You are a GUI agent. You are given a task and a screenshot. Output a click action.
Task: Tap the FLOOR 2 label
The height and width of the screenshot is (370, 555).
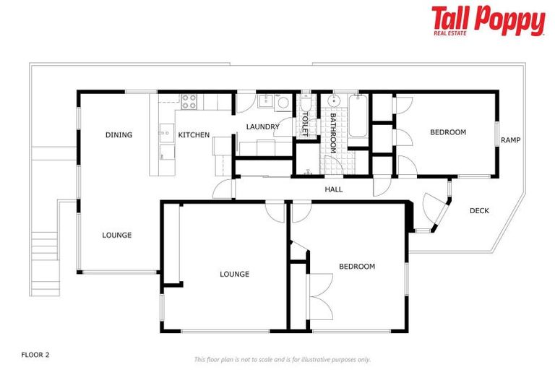[x=35, y=355]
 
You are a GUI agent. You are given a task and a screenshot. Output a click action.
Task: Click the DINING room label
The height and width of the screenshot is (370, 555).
[x=119, y=134]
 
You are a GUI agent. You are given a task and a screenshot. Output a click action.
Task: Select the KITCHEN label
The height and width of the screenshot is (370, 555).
[x=194, y=134]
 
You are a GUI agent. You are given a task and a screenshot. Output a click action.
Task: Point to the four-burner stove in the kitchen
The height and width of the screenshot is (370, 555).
[x=189, y=102]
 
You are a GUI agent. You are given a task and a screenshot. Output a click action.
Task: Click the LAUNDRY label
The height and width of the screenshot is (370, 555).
[x=262, y=127]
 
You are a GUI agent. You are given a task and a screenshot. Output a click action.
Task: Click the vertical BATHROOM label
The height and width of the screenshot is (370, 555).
[x=333, y=132]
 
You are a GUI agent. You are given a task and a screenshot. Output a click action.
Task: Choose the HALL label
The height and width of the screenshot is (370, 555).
[x=333, y=189]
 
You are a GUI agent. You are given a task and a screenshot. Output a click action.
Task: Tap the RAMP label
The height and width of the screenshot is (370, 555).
[x=511, y=140]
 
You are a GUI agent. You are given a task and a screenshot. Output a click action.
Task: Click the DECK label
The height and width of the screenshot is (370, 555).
[x=479, y=211]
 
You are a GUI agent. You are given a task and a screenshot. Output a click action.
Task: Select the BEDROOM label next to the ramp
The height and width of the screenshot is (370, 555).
[x=447, y=132]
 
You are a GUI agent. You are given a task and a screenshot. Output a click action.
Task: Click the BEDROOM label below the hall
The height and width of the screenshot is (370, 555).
[x=357, y=267]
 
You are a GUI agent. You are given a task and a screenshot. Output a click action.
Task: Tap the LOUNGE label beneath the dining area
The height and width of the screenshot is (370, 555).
[x=116, y=235]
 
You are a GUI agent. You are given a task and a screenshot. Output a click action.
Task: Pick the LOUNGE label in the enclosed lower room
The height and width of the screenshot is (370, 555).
[x=234, y=274]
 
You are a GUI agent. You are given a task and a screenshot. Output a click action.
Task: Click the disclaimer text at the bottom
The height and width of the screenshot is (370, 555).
[x=282, y=359]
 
